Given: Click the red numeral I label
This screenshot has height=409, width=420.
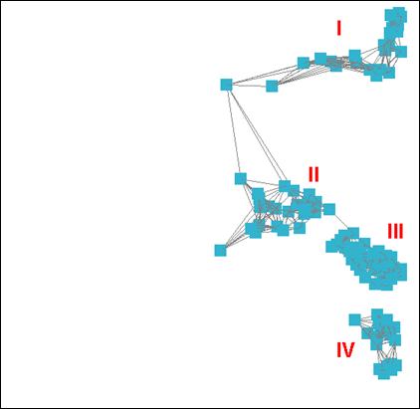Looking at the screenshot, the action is (x=338, y=28).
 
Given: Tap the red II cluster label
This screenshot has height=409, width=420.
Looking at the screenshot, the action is (x=314, y=174).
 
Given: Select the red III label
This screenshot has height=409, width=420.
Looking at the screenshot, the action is (x=395, y=231).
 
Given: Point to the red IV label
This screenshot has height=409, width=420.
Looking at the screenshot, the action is (x=345, y=349).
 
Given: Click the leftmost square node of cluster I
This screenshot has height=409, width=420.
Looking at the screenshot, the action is (x=226, y=85).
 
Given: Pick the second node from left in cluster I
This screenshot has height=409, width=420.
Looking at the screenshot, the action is (x=272, y=86).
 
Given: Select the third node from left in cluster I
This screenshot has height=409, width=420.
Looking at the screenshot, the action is (x=304, y=63).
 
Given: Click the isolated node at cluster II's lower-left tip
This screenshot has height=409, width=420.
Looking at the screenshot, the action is (x=220, y=251).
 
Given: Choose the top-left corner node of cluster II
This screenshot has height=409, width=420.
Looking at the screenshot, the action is (x=241, y=178).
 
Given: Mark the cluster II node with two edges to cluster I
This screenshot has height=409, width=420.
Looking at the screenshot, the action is (x=285, y=186).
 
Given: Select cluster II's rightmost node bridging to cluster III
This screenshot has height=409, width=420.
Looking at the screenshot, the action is (x=329, y=209).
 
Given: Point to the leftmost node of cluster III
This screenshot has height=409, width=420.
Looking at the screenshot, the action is (x=331, y=247).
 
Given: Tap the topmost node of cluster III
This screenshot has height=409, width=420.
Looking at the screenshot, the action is (x=353, y=233).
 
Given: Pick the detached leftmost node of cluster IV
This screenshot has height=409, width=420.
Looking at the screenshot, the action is (x=354, y=319).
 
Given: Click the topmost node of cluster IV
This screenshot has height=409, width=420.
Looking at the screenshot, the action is (x=377, y=314).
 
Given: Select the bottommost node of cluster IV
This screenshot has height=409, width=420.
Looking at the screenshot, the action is (x=384, y=374).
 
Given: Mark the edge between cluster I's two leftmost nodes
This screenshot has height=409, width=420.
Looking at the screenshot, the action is (x=249, y=86).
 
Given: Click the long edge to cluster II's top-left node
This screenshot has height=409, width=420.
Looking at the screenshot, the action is (x=233, y=131).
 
